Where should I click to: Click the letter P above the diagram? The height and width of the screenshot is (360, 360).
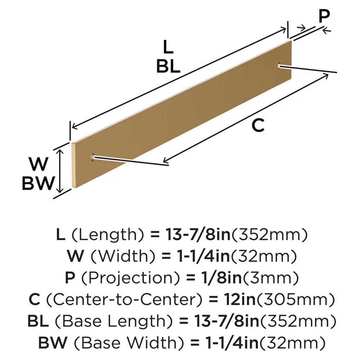[324, 15]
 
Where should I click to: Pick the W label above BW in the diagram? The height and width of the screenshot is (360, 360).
[39, 165]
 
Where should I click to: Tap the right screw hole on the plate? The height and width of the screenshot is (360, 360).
[280, 65]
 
